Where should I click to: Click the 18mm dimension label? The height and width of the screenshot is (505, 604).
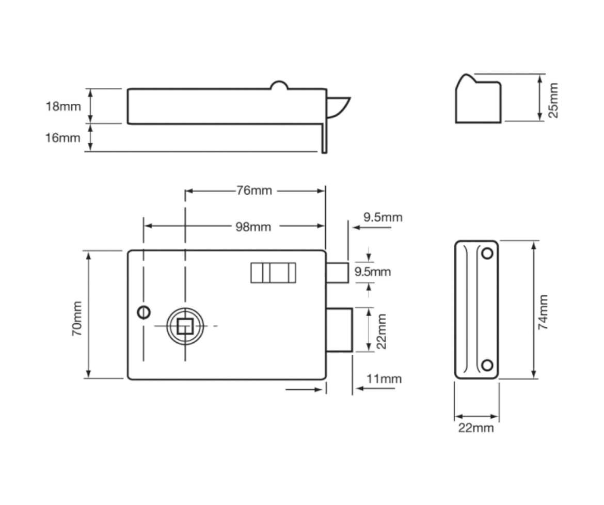click(63, 107)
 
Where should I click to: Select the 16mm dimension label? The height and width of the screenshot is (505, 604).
click(63, 138)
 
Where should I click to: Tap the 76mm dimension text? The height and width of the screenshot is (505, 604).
click(254, 191)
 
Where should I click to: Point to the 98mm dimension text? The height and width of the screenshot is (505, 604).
click(253, 227)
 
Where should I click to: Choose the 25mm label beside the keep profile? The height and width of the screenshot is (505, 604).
click(553, 100)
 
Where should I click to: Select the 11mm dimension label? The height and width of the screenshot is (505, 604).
click(384, 379)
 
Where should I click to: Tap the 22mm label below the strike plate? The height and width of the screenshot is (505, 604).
click(476, 428)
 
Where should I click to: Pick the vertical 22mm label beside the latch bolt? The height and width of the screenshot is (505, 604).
click(381, 331)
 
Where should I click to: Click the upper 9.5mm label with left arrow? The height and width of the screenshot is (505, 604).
click(383, 217)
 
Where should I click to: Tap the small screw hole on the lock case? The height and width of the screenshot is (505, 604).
click(144, 311)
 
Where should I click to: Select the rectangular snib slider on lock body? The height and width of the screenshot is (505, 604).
click(273, 273)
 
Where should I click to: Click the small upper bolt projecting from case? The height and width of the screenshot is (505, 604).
click(337, 273)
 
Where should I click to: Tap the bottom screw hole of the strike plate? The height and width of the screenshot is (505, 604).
click(487, 365)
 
